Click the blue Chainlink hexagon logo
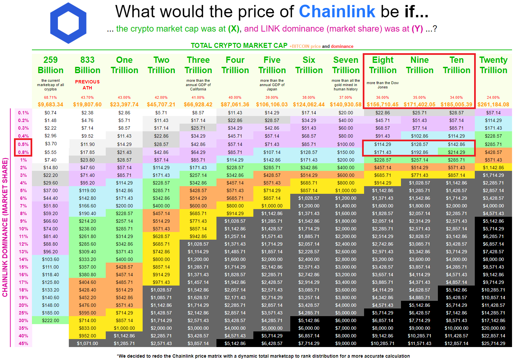tap(68, 23)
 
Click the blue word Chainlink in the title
tap(337, 11)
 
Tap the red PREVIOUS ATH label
tap(87, 85)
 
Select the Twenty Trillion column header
tap(493, 65)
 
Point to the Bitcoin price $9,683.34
tap(51, 104)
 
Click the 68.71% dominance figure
tap(50, 97)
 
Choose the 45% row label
tap(23, 343)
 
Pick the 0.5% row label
tap(23, 144)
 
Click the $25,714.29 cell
tap(493, 343)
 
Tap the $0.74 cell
tap(51, 113)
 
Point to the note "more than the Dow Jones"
tap(383, 85)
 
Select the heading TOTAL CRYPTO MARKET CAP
tap(239, 46)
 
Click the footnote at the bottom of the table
tap(263, 356)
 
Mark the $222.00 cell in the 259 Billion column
tap(51, 321)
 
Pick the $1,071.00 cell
tap(87, 343)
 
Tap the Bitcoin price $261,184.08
tap(493, 104)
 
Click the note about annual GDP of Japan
tap(272, 85)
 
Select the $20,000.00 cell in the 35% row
tap(493, 328)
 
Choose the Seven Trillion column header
tap(346, 65)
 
